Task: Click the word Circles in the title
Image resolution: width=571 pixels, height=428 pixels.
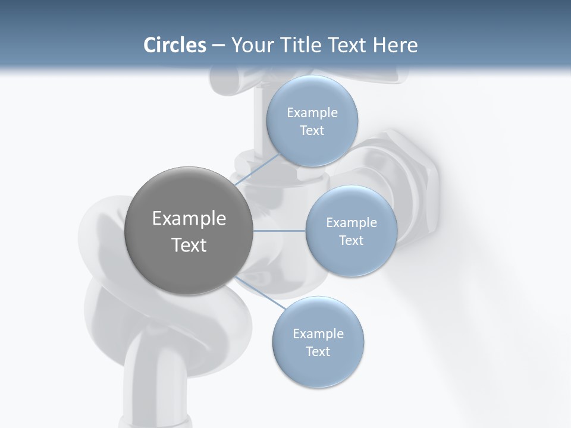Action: (175, 45)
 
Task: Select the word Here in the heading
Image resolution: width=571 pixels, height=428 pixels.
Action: (395, 45)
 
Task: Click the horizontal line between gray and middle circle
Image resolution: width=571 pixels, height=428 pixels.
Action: (280, 231)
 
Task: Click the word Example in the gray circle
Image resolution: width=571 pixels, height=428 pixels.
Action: (189, 219)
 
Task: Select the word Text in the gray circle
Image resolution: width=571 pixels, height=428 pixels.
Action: (189, 245)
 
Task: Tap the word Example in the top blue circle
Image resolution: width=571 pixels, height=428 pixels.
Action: (312, 113)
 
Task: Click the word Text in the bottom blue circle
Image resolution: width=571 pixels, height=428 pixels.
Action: (318, 351)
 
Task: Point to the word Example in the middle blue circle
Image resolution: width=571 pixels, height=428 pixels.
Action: (351, 223)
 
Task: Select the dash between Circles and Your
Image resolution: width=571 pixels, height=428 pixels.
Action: (218, 45)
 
